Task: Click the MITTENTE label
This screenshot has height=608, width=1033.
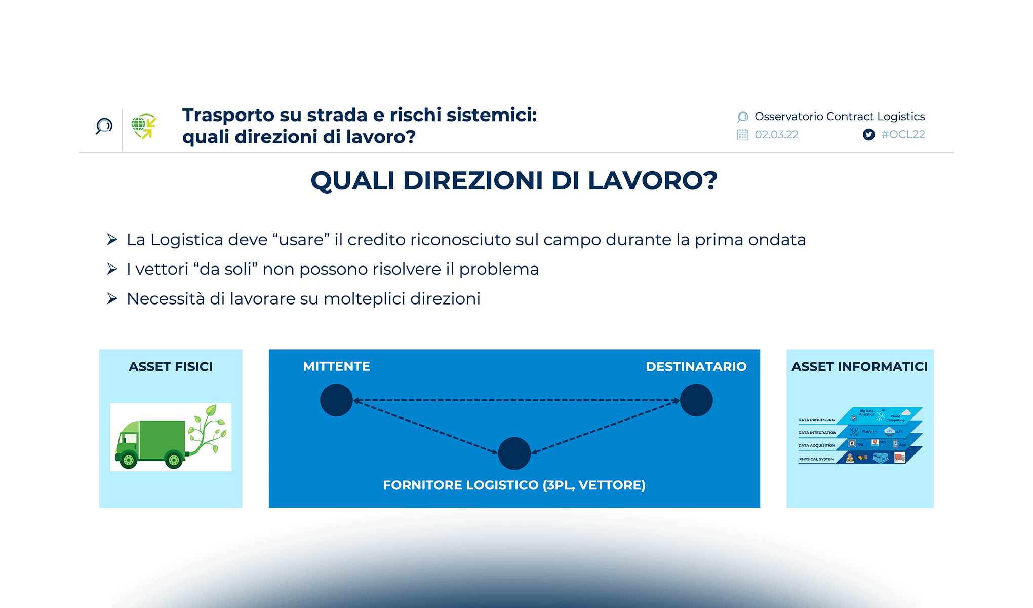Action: tap(336, 366)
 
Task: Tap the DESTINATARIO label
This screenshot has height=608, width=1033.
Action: tap(696, 366)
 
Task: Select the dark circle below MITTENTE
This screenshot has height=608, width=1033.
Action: tap(336, 400)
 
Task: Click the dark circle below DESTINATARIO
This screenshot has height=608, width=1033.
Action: tap(696, 400)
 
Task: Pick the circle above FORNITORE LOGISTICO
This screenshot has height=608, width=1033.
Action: tap(514, 453)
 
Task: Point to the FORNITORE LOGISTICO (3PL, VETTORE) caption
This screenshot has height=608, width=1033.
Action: tap(514, 485)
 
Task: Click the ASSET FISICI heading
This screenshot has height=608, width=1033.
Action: tap(171, 366)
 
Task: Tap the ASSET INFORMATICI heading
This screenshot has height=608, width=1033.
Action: tap(859, 366)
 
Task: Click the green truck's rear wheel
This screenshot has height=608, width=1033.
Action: tap(174, 460)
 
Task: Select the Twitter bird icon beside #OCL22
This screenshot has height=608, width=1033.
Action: tap(868, 134)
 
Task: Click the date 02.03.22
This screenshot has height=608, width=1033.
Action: tap(776, 134)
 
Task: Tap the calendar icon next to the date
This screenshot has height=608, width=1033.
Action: tap(742, 135)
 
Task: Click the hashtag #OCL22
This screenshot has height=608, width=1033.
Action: tap(903, 134)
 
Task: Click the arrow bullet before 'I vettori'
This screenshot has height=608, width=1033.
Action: tap(112, 269)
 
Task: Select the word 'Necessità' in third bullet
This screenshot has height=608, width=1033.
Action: tap(166, 298)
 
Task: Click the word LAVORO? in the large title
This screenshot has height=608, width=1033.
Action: tap(652, 180)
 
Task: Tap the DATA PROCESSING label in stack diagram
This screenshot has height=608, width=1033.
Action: tap(816, 420)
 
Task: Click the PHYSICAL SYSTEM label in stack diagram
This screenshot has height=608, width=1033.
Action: tap(816, 459)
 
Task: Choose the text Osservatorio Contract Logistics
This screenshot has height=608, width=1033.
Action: tap(840, 117)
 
